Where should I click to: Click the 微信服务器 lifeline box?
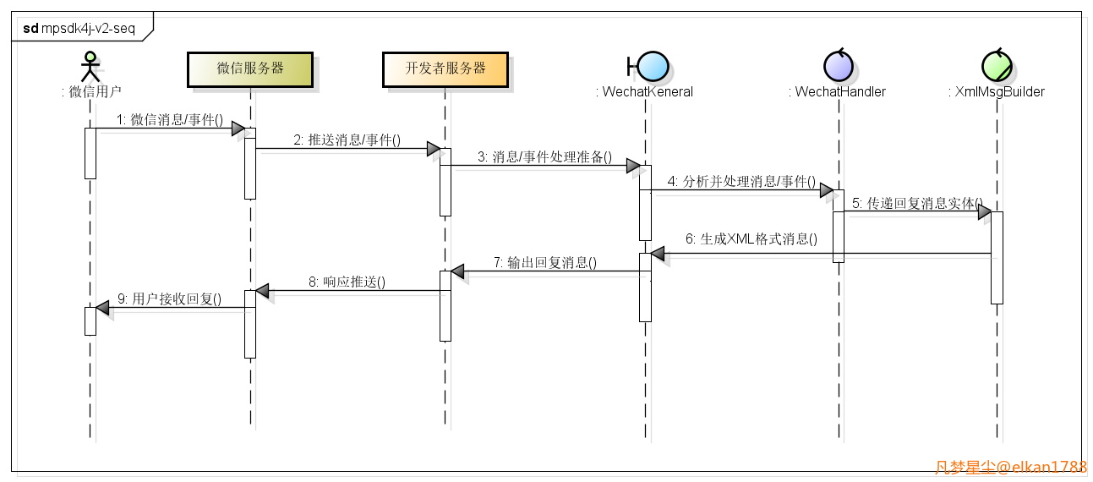coord(250,69)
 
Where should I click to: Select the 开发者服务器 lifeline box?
coord(445,69)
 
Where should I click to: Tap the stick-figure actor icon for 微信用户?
coord(90,67)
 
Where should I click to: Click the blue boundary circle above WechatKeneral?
coord(653,66)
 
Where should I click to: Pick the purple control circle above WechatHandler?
coord(839,66)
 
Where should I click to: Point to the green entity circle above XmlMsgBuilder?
coord(997,66)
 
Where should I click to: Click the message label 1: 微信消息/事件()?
coord(170,119)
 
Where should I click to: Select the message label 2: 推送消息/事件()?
coord(347,140)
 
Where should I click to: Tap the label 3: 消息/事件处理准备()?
coord(544,156)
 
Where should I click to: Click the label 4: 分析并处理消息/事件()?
coord(741,182)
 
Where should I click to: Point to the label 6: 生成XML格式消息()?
coord(751,238)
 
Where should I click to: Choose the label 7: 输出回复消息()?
coord(545,263)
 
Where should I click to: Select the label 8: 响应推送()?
coord(347,282)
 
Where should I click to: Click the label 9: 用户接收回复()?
coord(169,299)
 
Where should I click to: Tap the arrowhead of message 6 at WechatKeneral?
coord(657,254)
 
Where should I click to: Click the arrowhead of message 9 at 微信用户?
coord(102,308)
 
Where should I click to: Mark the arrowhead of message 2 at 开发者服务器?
coord(434,149)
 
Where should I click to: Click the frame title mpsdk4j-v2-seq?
coord(88,28)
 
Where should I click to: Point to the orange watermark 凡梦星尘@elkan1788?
coord(1011,467)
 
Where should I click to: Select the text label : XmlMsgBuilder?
coord(997,92)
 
